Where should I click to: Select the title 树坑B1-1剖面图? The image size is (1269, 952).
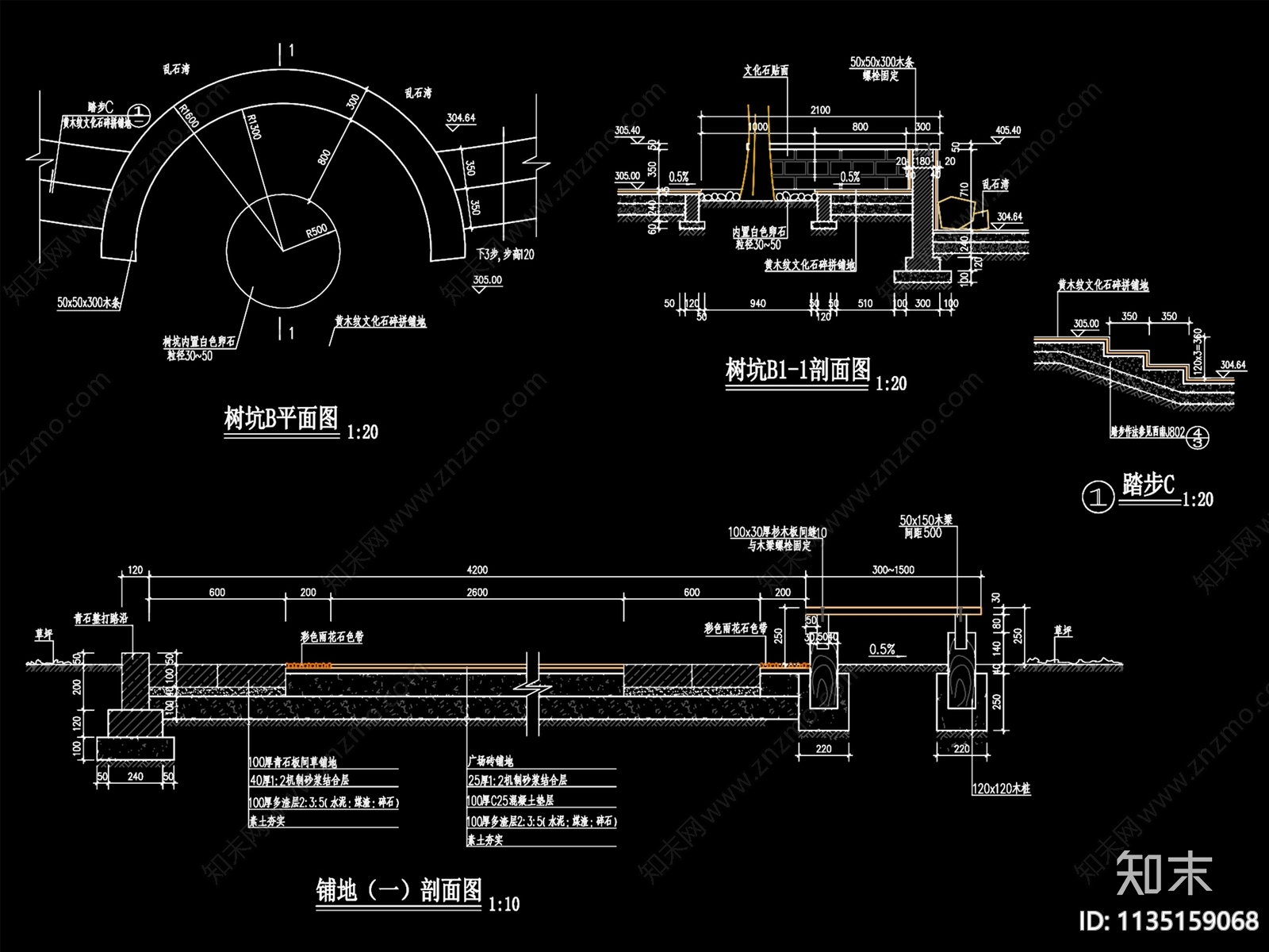(x=797, y=370)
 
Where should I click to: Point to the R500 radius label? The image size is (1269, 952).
(x=316, y=231)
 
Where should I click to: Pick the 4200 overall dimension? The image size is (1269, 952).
(x=477, y=570)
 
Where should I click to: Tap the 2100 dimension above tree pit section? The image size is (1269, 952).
(x=820, y=110)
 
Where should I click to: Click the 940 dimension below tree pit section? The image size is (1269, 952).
(x=757, y=303)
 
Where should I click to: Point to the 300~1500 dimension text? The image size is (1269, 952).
(x=893, y=570)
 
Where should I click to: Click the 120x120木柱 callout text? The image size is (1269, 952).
(x=1000, y=790)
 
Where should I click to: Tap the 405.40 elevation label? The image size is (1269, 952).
(x=1007, y=130)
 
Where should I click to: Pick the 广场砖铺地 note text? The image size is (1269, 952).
(x=492, y=760)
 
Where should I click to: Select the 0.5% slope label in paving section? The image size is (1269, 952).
(x=882, y=649)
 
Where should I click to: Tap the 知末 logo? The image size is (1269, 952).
(x=1164, y=873)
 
